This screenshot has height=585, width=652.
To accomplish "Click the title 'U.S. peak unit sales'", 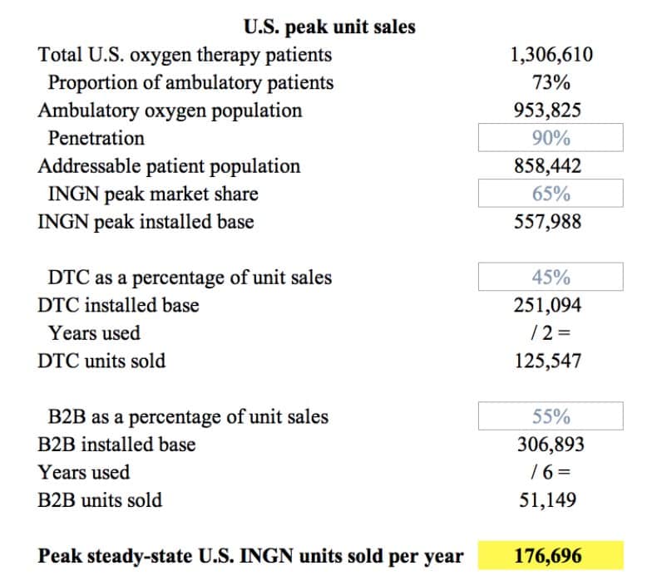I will tap(329, 27).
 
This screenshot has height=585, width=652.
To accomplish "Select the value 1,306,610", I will tap(551, 55).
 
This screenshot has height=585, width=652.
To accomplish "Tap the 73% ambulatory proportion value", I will tap(551, 82).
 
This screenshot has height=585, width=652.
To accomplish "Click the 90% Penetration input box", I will tap(551, 138).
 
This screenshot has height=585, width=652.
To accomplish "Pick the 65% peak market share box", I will tap(551, 194).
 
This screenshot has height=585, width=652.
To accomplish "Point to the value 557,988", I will tap(551, 222).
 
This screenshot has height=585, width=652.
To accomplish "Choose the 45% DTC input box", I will tap(551, 278).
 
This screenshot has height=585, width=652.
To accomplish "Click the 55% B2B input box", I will tap(551, 416).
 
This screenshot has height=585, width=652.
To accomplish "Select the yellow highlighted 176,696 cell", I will tap(551, 555).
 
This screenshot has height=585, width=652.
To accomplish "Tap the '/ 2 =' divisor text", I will tap(551, 333).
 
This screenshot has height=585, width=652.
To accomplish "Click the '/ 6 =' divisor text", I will tap(551, 472).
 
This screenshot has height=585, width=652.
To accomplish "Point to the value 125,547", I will tap(551, 361).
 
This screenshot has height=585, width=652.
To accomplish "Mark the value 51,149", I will tap(551, 500).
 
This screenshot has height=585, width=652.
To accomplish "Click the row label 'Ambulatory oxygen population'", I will tap(170, 111).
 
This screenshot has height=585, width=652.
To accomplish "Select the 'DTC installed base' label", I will tap(119, 305).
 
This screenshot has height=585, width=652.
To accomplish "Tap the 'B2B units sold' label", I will tap(100, 500).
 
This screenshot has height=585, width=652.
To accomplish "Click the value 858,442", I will tap(551, 166).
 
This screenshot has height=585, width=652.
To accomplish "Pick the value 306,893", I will tap(551, 445).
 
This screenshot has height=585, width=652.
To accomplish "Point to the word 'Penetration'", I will tap(96, 138).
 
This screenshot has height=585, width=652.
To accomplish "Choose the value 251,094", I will tap(551, 305).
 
